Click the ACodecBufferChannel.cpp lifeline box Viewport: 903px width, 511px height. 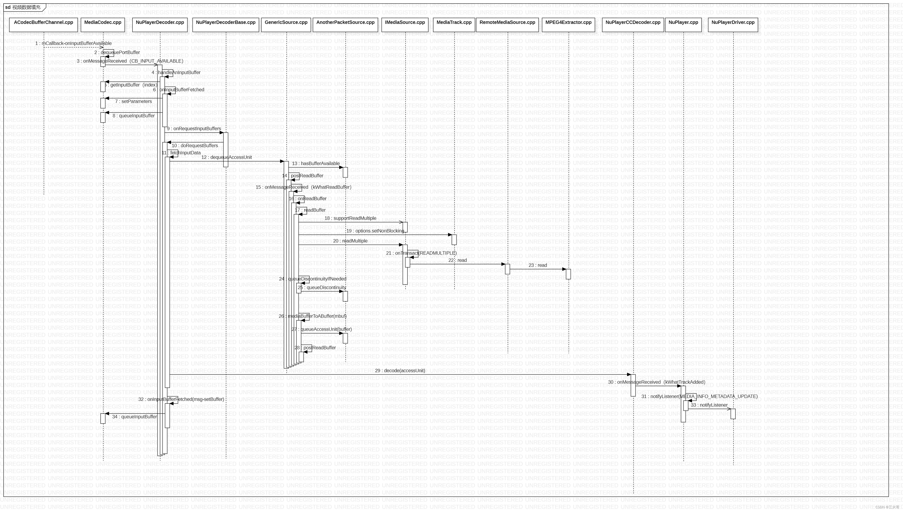click(x=43, y=25)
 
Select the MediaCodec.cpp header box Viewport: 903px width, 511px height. click(x=103, y=25)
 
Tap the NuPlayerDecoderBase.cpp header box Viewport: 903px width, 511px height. click(x=226, y=25)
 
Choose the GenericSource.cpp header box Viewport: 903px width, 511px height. click(x=286, y=25)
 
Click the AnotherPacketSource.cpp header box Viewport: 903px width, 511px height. click(x=345, y=25)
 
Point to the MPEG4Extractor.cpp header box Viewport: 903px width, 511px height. click(x=568, y=25)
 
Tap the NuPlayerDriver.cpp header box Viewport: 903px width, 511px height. click(x=733, y=25)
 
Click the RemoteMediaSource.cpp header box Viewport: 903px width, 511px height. click(x=507, y=25)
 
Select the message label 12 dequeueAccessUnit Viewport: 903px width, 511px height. click(x=226, y=157)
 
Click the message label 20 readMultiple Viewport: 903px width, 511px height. click(x=350, y=241)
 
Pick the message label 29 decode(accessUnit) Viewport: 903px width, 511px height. click(x=400, y=371)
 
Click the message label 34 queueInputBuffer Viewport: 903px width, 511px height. click(x=134, y=417)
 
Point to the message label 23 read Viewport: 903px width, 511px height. click(x=538, y=265)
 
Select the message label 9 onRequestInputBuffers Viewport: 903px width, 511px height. click(x=194, y=129)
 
